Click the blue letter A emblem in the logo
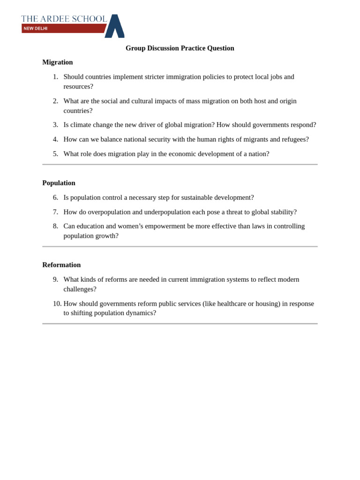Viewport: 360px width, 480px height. coord(115,26)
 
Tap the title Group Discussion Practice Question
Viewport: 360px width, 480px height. coord(180,48)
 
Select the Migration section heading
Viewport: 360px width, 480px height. coord(58,62)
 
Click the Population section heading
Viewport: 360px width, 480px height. coord(59,183)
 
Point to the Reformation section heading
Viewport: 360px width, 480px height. coord(61,265)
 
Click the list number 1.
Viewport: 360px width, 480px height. coord(55,77)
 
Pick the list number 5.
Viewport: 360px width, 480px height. coord(55,154)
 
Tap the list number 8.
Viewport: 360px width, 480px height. coord(55,226)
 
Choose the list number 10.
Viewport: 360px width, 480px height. coord(57,304)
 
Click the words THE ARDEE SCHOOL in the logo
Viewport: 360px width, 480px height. coord(64,19)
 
